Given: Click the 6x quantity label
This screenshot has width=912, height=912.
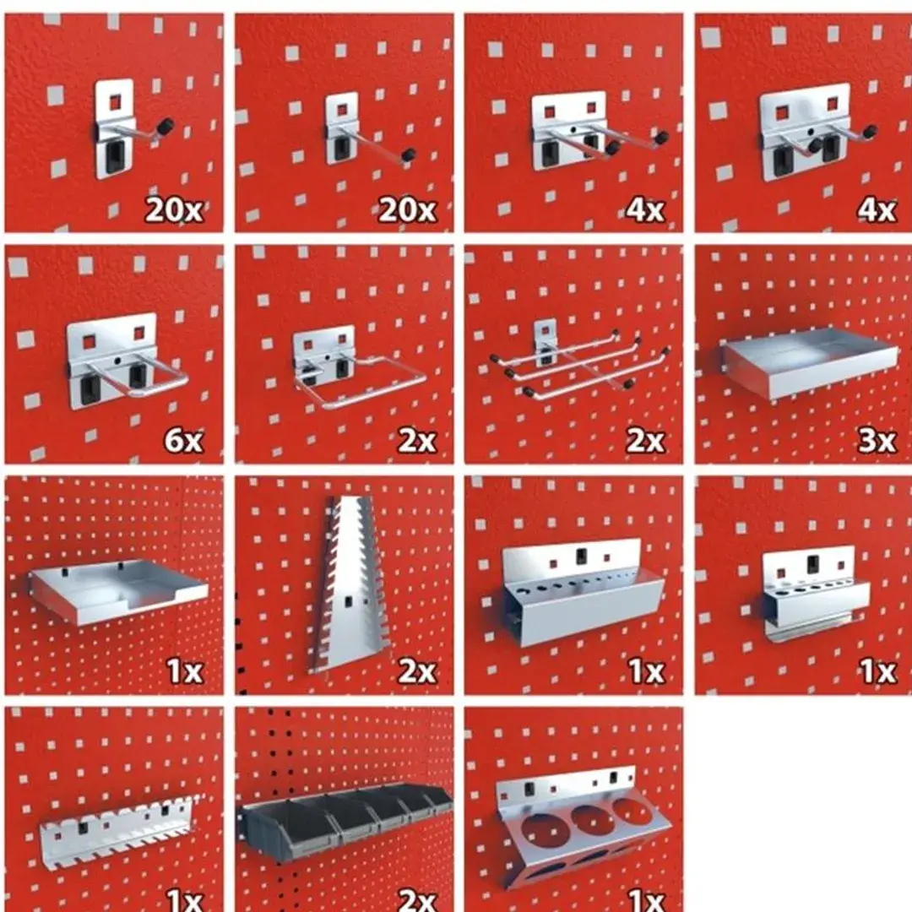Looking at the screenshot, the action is [x=184, y=440].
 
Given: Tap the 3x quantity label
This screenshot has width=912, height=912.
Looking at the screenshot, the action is [x=877, y=440].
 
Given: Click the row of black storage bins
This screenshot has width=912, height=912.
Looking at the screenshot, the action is [x=346, y=819].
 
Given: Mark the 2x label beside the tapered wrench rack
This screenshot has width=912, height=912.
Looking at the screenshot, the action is [x=416, y=671].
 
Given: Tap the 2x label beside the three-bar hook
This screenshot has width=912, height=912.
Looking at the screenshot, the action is [x=645, y=440].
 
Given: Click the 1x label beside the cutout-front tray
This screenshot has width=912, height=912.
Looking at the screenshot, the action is [x=185, y=671].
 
